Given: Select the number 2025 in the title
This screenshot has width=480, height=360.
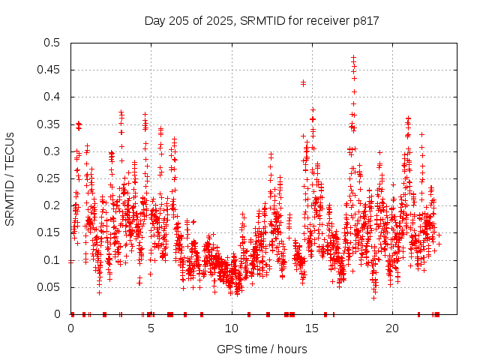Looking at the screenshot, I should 216,20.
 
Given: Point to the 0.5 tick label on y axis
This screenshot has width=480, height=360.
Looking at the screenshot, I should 52,43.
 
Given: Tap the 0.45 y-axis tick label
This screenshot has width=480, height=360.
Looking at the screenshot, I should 49,70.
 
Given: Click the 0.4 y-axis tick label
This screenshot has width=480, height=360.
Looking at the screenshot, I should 52,97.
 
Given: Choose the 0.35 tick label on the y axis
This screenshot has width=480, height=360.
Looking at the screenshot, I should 49,124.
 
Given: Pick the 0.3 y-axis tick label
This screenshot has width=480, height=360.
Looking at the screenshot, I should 52,151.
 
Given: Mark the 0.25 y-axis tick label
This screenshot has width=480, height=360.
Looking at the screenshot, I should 49,178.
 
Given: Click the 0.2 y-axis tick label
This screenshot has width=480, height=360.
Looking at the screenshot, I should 52,205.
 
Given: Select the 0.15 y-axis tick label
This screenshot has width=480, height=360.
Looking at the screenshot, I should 49,232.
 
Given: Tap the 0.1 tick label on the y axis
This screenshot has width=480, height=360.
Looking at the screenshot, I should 52,259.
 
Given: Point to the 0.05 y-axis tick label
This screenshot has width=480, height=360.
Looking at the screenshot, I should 49,286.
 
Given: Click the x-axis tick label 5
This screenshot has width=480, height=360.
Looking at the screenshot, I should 151,328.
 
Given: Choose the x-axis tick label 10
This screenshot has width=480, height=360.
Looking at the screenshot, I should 231,328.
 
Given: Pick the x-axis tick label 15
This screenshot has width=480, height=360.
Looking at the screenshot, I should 311,328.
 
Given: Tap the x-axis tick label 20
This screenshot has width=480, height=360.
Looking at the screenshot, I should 391,328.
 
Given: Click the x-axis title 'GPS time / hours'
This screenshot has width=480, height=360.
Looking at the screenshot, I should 262,349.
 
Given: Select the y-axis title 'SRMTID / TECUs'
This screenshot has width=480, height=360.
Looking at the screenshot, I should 10,178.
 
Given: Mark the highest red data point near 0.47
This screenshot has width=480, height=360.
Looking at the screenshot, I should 353,57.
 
